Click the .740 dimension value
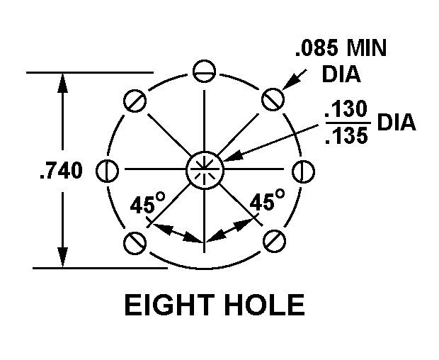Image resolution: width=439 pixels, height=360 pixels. [60, 171]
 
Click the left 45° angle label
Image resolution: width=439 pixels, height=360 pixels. [147, 204]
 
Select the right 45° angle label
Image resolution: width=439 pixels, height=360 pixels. [267, 201]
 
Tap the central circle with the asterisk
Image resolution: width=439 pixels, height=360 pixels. [205, 170]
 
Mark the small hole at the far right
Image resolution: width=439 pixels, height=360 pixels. [301, 171]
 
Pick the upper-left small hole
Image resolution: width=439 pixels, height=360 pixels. [135, 100]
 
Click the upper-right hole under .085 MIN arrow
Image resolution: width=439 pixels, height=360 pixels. [273, 100]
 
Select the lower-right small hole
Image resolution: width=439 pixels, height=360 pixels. [273, 241]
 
